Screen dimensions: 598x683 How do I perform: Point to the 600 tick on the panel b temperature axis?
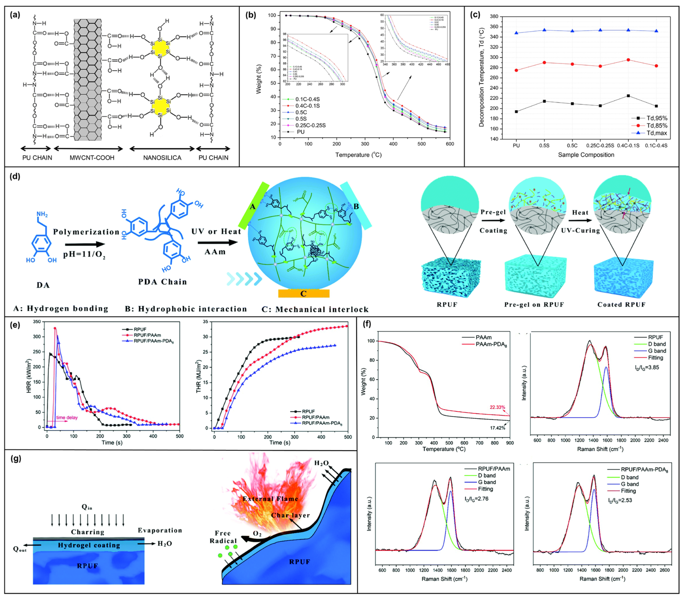click(x=450, y=144)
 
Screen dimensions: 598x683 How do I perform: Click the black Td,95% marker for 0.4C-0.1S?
click(x=628, y=96)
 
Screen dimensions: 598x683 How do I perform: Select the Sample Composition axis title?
click(x=586, y=155)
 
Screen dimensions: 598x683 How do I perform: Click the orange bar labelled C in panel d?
click(x=303, y=293)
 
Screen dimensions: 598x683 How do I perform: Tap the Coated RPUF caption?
click(x=622, y=304)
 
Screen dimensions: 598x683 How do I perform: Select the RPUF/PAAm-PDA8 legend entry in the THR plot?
click(x=322, y=423)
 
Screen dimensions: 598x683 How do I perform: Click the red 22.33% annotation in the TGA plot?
click(x=497, y=407)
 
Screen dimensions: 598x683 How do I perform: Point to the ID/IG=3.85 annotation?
click(x=647, y=367)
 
